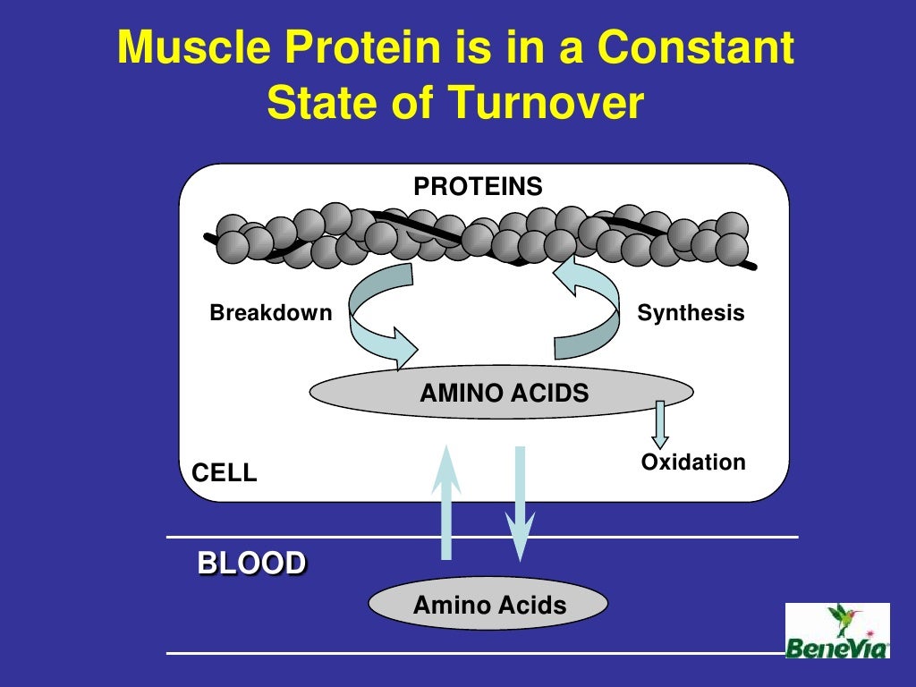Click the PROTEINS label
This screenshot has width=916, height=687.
pos(478,186)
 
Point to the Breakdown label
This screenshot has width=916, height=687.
pos(270,313)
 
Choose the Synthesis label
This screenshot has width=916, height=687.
pos(691,313)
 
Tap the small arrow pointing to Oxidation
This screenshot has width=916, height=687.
pos(660,424)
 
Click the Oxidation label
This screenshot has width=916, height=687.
pos(692,462)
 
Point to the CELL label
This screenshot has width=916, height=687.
pos(225,473)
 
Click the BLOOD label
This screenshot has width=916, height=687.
pos(251,564)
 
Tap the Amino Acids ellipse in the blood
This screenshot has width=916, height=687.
pos(488,605)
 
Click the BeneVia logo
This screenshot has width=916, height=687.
pos(837,632)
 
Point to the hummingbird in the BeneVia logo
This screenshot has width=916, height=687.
pos(844,617)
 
